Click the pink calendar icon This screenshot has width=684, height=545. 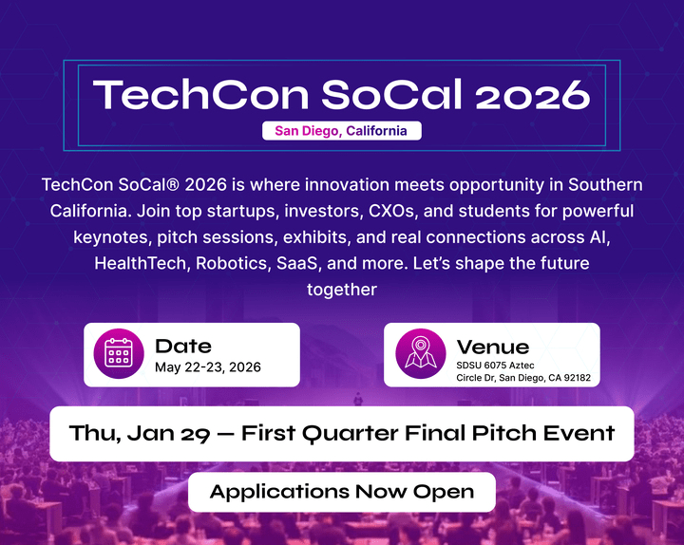pyautogui.click(x=119, y=353)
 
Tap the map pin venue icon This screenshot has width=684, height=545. pyautogui.click(x=421, y=353)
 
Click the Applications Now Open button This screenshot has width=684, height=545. pyautogui.click(x=342, y=492)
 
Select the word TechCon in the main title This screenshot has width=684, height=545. pyautogui.click(x=200, y=94)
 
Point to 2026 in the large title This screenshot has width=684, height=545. pyautogui.click(x=533, y=95)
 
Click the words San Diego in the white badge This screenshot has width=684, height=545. pyautogui.click(x=308, y=131)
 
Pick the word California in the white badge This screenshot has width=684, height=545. pyautogui.click(x=376, y=131)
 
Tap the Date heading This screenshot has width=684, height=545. pyautogui.click(x=183, y=347)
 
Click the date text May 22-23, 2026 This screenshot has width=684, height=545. pyautogui.click(x=208, y=367)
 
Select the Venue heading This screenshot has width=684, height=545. pyautogui.click(x=493, y=348)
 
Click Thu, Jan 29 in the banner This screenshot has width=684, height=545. pyautogui.click(x=140, y=433)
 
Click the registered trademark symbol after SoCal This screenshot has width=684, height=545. pyautogui.click(x=173, y=185)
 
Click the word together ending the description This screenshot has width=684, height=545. pyautogui.click(x=342, y=290)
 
